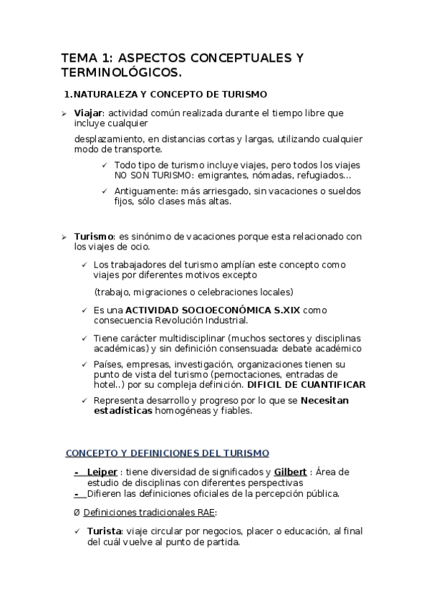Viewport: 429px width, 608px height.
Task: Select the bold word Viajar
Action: click(x=89, y=113)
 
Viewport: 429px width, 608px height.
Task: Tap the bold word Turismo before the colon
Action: click(x=94, y=237)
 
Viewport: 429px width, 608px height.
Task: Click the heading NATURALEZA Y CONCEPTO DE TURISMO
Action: click(x=170, y=94)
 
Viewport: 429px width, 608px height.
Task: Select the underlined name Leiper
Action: click(x=102, y=471)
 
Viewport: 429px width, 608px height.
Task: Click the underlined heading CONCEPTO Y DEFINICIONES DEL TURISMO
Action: click(x=167, y=452)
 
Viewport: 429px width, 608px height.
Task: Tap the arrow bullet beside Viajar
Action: click(x=63, y=113)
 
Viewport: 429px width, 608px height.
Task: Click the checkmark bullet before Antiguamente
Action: click(x=105, y=191)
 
